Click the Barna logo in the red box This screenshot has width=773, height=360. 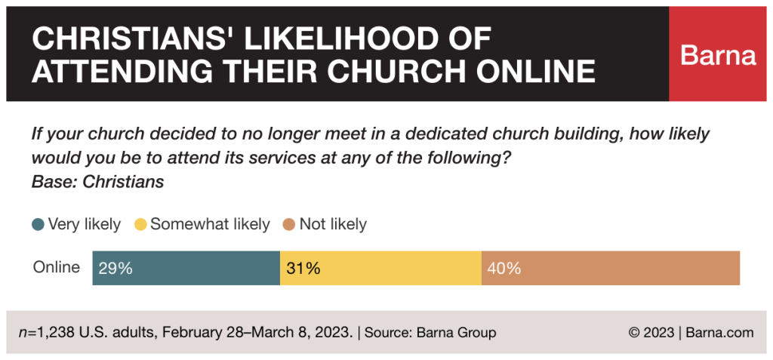click(718, 54)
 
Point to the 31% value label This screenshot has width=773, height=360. click(303, 268)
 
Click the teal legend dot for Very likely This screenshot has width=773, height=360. click(38, 224)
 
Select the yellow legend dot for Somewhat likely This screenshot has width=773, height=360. click(140, 224)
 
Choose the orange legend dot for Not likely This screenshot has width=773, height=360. click(289, 224)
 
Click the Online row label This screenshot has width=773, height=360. click(57, 267)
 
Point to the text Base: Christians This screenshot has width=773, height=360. click(97, 182)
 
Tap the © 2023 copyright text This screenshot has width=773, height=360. click(651, 332)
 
